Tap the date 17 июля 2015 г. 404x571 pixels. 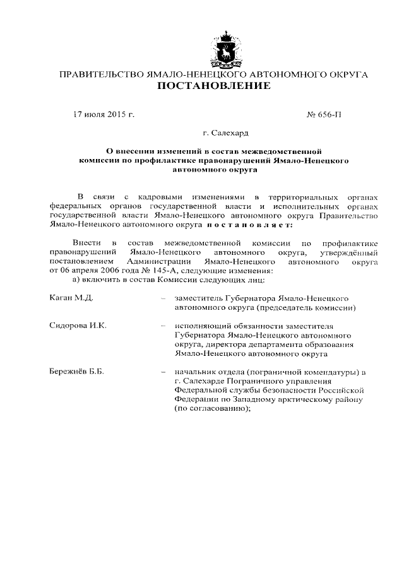[x=104, y=115]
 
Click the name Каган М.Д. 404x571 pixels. [x=71, y=297]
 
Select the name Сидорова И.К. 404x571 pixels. [x=78, y=325]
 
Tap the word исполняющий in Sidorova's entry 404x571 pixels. [x=198, y=325]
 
